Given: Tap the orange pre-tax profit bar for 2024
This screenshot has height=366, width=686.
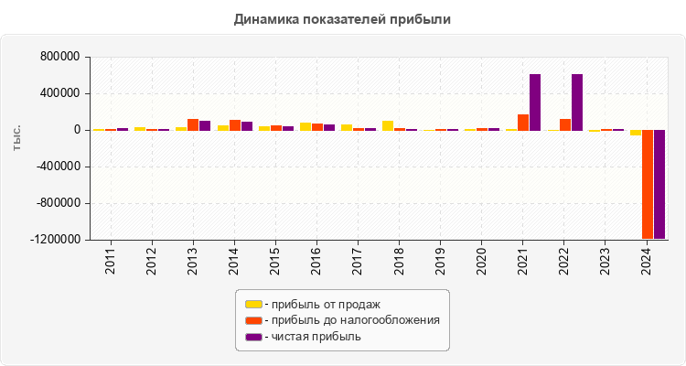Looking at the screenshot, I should tap(648, 184).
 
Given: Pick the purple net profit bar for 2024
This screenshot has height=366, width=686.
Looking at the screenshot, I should tap(659, 184).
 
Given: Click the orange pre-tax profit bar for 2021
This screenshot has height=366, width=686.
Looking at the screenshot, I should tap(523, 123).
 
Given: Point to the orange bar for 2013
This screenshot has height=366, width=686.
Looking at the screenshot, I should tap(193, 124).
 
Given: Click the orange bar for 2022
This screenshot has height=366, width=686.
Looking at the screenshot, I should tap(565, 124).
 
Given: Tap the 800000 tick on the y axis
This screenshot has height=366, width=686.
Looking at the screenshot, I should tap(59, 57).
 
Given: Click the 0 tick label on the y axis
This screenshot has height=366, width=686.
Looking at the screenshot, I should tap(77, 130).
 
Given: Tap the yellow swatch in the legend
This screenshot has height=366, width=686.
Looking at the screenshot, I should tap(253, 304).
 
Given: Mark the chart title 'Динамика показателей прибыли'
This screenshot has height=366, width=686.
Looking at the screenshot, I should tap(343, 18).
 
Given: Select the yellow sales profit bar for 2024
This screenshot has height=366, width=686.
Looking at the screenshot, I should tap(636, 133).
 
